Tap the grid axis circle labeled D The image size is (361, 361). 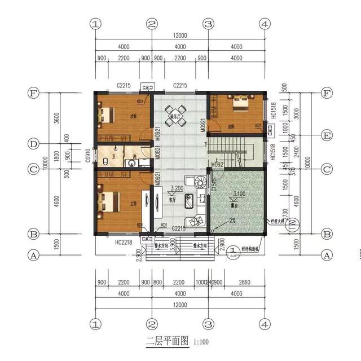(x=34, y=144)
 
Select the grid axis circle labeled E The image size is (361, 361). (x=326, y=135)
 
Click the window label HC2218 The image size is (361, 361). (x=122, y=241)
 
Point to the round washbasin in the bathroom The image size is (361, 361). (x=131, y=164)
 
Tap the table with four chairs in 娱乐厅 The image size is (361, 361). (x=172, y=117)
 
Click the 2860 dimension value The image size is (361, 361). (x=244, y=283)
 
